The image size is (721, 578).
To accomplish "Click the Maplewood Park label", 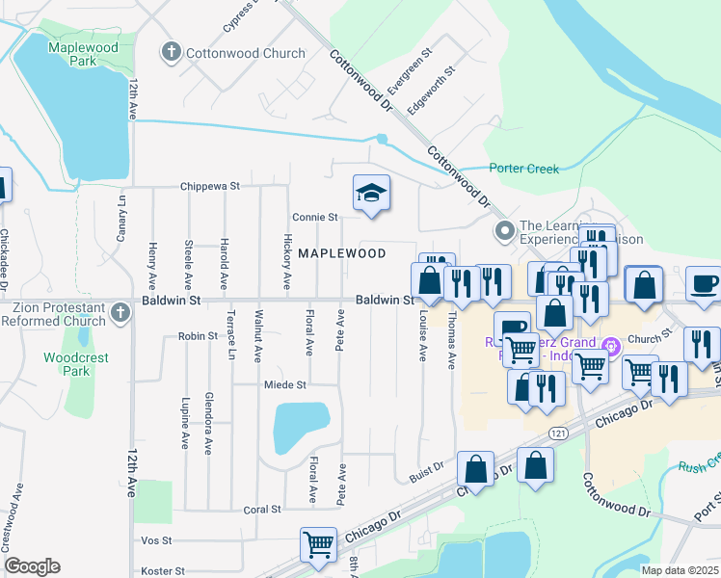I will click(x=81, y=54).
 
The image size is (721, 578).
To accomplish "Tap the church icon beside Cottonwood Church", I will click(x=172, y=53).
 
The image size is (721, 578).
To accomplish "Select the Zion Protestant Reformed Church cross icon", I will click(x=120, y=312).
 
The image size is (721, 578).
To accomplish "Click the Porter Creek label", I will click(x=523, y=169).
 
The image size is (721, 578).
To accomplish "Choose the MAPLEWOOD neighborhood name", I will click(x=341, y=253).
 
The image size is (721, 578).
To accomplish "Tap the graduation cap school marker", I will click(x=371, y=194).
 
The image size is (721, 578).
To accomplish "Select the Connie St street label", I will click(x=315, y=218).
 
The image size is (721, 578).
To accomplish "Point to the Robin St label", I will click(x=197, y=337).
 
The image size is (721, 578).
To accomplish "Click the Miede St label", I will click(x=284, y=384).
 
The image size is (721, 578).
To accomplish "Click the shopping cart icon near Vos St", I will click(x=318, y=544).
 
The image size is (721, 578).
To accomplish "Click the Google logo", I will click(x=32, y=566).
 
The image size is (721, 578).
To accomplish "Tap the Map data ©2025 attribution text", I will click(x=679, y=570).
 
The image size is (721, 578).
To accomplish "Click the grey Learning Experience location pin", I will click(x=504, y=231).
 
